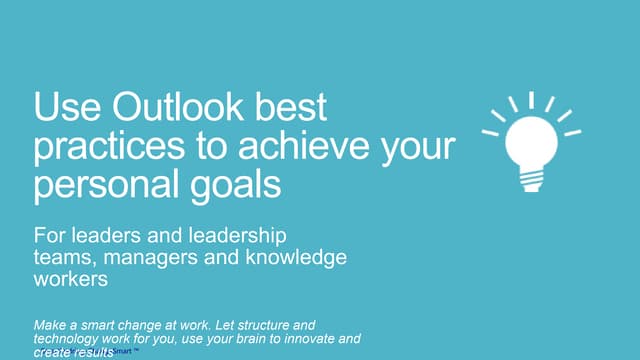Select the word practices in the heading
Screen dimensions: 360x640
(x=101, y=147)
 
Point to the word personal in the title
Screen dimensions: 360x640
(x=106, y=185)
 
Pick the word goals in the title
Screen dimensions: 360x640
(x=237, y=185)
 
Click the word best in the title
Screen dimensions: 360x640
(x=289, y=108)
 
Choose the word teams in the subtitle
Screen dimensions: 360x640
(x=64, y=257)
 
